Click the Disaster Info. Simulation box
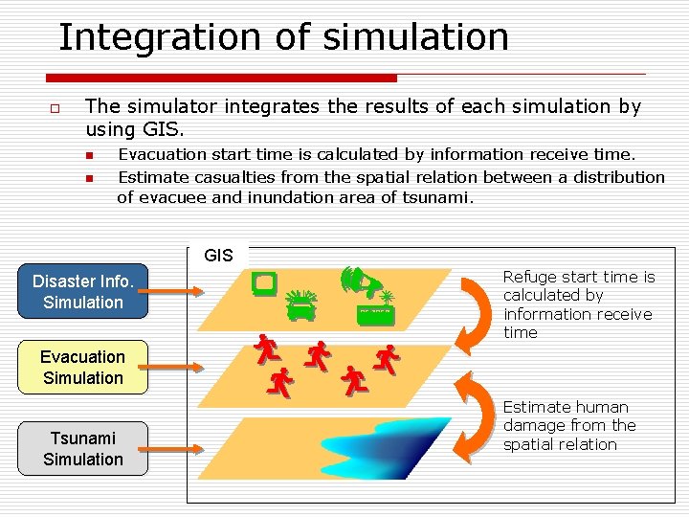pyautogui.click(x=83, y=292)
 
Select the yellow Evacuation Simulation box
pyautogui.click(x=83, y=368)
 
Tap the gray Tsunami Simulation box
pyautogui.click(x=83, y=449)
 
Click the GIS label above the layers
pyautogui.click(x=218, y=256)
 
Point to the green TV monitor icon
pyautogui.click(x=264, y=282)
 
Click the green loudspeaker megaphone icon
pyautogui.click(x=359, y=281)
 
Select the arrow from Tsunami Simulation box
pyautogui.click(x=175, y=447)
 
